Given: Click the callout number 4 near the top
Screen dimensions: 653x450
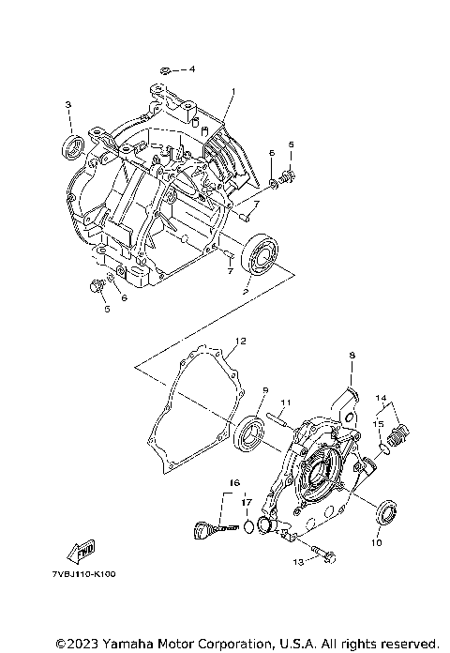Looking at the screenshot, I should click(192, 69).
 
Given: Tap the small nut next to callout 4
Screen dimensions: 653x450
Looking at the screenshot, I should click(165, 69).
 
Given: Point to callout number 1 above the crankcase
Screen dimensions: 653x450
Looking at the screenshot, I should click(232, 92).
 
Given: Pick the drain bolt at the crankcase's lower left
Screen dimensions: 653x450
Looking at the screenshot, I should click(96, 285).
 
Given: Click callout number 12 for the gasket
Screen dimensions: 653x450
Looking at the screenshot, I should click(240, 341).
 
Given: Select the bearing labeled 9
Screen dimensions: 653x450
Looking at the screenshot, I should click(250, 433).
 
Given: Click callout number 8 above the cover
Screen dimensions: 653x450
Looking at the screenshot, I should click(352, 356).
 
